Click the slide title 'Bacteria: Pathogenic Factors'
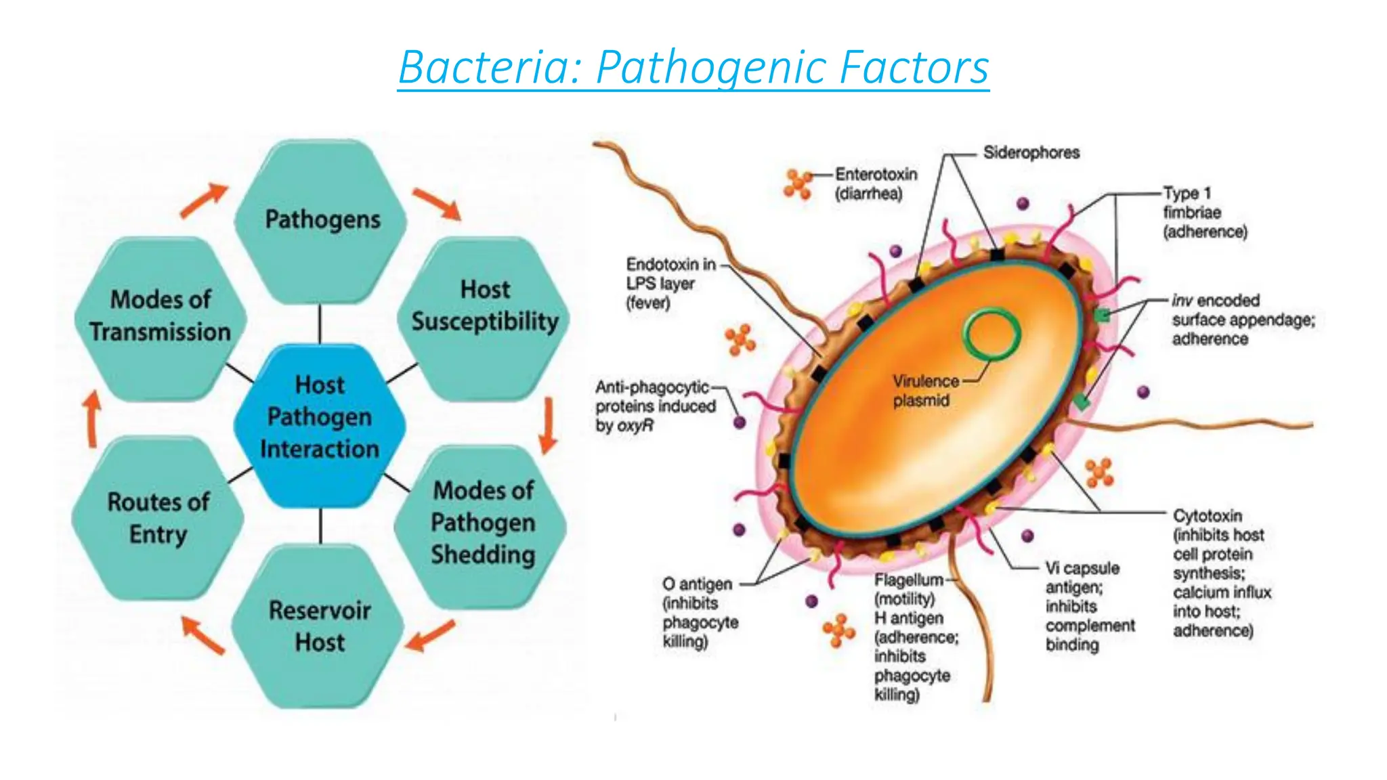pos(693,68)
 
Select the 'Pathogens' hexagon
pos(322,220)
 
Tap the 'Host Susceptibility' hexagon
pos(485,306)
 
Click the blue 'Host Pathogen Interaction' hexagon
pos(320,417)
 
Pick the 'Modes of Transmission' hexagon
pos(161,316)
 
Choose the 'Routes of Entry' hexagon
pos(158,518)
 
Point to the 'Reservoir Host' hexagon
pos(320,626)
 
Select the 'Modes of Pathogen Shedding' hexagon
pos(483,522)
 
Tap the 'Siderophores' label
pos(1031,153)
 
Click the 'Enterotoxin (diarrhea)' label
pos(875,184)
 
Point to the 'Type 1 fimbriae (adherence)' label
pos(1204,213)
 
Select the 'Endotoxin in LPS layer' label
pos(670,283)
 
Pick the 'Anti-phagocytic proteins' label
pos(655,406)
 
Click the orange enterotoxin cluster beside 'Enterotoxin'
pos(798,183)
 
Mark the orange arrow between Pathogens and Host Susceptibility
pos(438,204)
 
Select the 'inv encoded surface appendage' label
pos(1243,320)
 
